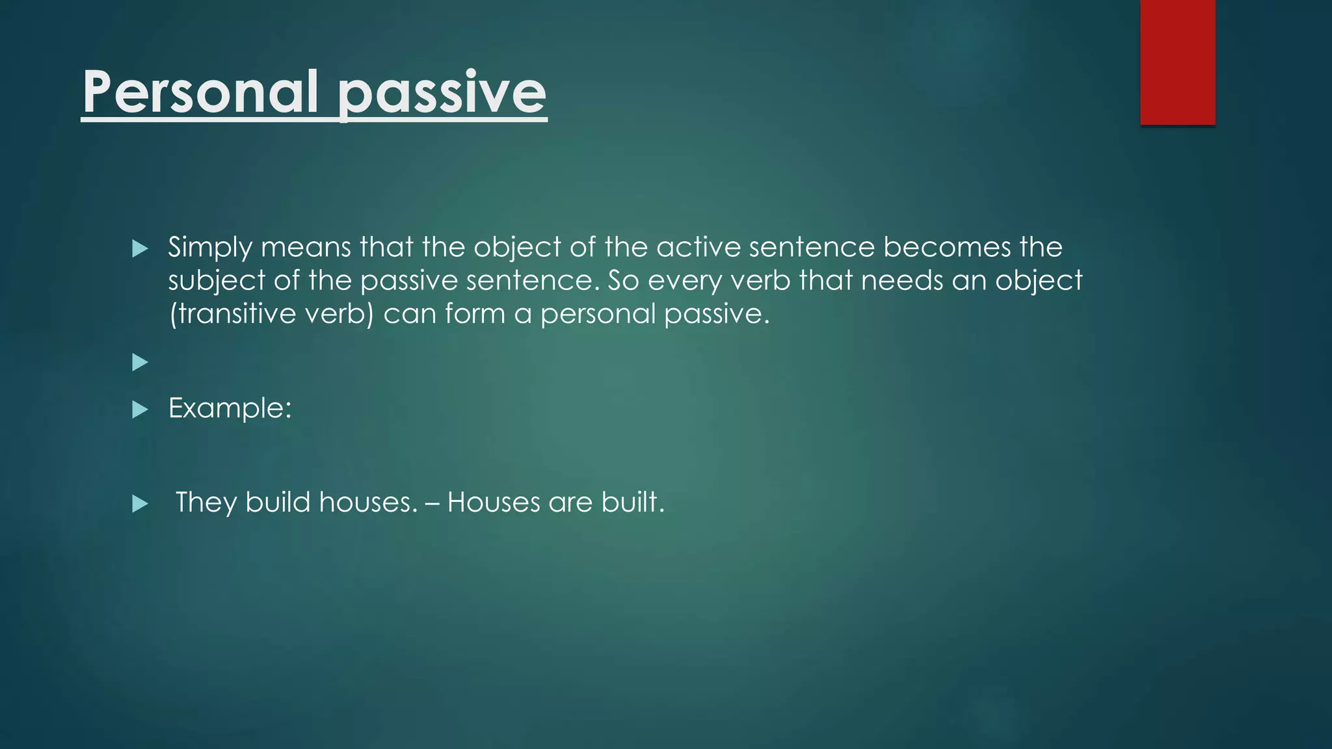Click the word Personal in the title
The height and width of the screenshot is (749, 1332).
[200, 92]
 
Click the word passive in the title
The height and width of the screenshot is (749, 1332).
[442, 92]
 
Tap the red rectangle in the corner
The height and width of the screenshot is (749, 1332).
[1177, 62]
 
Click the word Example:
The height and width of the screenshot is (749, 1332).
[230, 408]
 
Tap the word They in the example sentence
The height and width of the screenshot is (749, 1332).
[206, 503]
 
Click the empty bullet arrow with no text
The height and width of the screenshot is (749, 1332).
[140, 362]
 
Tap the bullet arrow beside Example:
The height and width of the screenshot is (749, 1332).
[140, 410]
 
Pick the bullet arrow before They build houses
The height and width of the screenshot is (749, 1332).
[140, 504]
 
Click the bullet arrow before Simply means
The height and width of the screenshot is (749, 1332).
[140, 248]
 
